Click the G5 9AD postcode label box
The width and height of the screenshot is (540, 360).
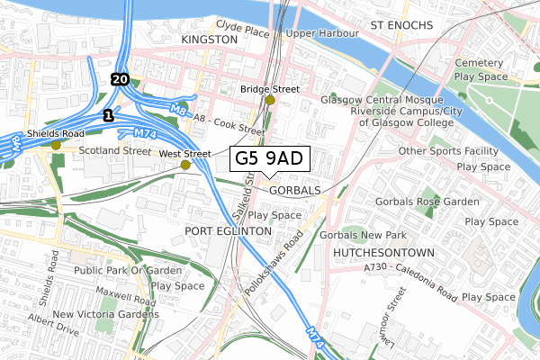[x=270, y=159]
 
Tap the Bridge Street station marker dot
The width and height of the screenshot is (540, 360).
[x=270, y=100]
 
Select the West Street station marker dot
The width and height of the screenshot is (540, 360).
[x=185, y=165]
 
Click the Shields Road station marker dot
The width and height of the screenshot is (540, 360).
[x=56, y=144]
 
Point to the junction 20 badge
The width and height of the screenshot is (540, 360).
[x=120, y=79]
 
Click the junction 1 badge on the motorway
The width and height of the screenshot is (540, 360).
[x=108, y=115]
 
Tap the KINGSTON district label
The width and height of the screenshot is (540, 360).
[x=209, y=40]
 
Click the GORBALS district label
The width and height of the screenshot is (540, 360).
[x=293, y=191]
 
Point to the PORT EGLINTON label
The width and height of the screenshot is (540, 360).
[x=227, y=231]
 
